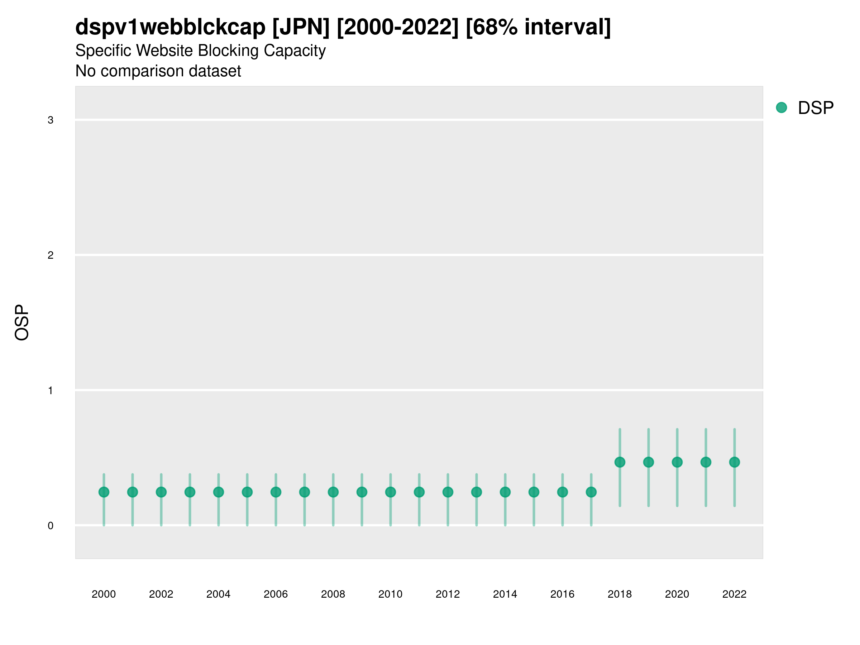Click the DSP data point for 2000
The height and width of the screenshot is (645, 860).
tap(104, 492)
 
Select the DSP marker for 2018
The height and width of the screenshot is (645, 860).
tap(620, 462)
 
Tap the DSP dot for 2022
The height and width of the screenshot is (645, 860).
tap(735, 462)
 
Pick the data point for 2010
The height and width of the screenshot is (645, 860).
tap(390, 492)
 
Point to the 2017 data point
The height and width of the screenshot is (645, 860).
tap(591, 492)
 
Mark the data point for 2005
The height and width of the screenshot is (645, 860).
tap(247, 492)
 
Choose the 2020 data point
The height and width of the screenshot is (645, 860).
tap(677, 462)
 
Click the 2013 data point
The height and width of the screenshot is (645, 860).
tap(477, 492)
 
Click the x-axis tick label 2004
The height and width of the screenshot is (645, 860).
tap(219, 594)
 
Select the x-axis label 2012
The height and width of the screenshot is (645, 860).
tap(448, 594)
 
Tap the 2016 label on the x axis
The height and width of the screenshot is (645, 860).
tap(563, 594)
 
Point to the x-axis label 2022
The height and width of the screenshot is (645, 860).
tap(735, 594)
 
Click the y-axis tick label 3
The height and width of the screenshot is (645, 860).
tap(51, 120)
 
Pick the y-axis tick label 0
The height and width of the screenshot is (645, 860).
tap(51, 526)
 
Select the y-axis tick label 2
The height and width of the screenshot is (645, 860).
tap(51, 255)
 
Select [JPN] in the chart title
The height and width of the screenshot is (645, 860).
tap(301, 27)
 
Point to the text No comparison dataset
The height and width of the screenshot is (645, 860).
tap(158, 71)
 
